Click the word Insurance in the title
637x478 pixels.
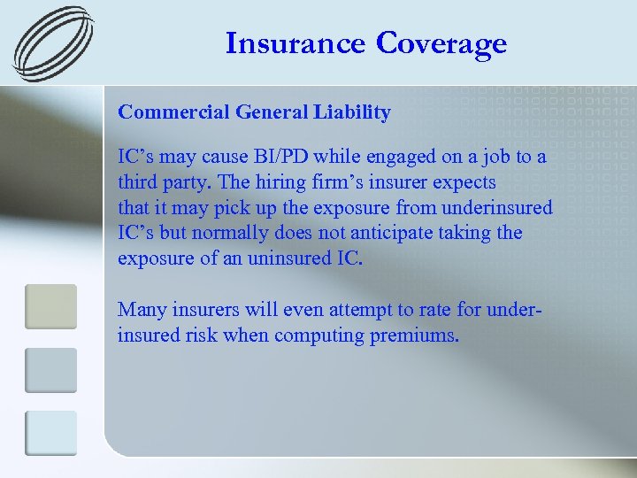tap(295, 42)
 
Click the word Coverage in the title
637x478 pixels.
tap(442, 42)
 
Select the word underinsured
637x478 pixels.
tap(499, 208)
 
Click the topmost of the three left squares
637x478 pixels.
tap(50, 306)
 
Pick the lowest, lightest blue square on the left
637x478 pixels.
tap(50, 433)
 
